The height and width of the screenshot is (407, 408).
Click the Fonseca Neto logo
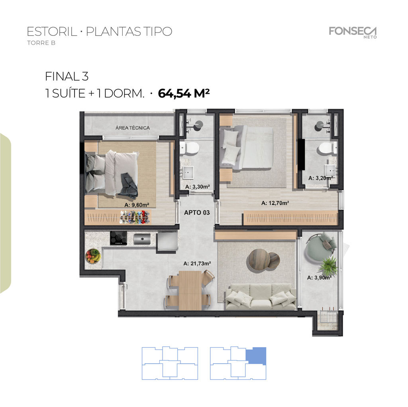[353, 32]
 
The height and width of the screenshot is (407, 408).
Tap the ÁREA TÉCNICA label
[132, 128]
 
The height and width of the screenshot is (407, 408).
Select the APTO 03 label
[197, 212]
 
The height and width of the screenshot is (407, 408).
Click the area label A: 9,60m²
[137, 205]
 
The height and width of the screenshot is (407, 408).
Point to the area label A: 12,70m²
[275, 203]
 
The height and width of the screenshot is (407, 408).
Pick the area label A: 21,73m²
[197, 263]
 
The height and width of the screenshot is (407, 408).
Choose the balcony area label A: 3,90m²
[319, 278]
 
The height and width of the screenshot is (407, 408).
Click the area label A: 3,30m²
[198, 187]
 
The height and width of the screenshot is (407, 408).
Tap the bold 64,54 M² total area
[184, 93]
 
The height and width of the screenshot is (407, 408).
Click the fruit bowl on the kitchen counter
[93, 256]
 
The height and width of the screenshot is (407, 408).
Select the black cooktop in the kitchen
[118, 238]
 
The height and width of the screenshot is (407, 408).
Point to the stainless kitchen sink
[142, 239]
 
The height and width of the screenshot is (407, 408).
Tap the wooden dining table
[190, 290]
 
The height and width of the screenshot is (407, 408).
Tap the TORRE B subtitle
[41, 43]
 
